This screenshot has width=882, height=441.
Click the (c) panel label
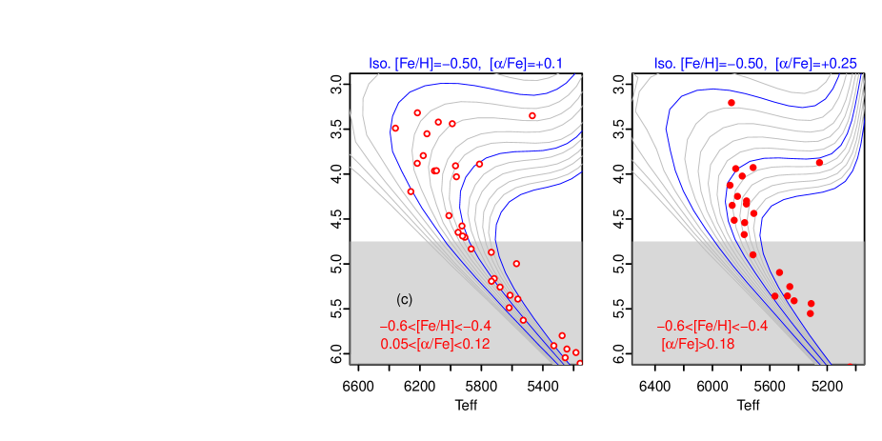click(404, 299)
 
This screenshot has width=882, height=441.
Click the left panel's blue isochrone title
click(466, 64)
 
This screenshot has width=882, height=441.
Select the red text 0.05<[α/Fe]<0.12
click(434, 344)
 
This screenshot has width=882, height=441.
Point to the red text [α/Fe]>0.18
click(698, 344)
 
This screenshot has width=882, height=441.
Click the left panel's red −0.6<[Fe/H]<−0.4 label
click(435, 326)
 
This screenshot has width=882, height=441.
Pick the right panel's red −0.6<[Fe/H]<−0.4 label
click(712, 326)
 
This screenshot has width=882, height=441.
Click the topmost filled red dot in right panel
click(732, 102)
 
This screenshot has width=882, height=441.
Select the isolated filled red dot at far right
click(819, 163)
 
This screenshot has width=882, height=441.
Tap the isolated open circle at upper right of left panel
click(532, 116)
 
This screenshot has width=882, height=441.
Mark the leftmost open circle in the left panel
click(395, 129)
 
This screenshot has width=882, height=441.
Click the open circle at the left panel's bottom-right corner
click(579, 362)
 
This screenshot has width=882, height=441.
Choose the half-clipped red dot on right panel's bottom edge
click(851, 363)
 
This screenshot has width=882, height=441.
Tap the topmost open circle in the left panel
click(417, 113)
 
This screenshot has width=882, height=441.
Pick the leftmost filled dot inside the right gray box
click(774, 295)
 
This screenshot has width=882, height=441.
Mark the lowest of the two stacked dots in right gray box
click(811, 312)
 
